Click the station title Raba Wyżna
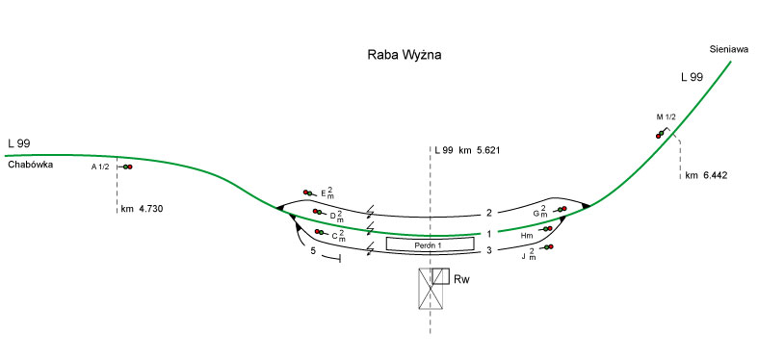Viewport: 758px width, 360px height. click(x=405, y=55)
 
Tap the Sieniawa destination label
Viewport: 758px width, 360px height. click(x=729, y=49)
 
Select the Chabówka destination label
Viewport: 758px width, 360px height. click(x=31, y=165)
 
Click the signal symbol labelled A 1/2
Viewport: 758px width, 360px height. click(x=125, y=167)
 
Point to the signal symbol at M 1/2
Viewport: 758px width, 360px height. click(x=662, y=133)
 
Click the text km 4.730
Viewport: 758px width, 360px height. click(x=143, y=209)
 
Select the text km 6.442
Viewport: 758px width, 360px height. click(x=706, y=175)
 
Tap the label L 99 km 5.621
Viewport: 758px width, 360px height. click(x=467, y=150)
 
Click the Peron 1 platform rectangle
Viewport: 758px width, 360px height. click(x=430, y=244)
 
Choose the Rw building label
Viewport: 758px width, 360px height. click(x=460, y=279)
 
